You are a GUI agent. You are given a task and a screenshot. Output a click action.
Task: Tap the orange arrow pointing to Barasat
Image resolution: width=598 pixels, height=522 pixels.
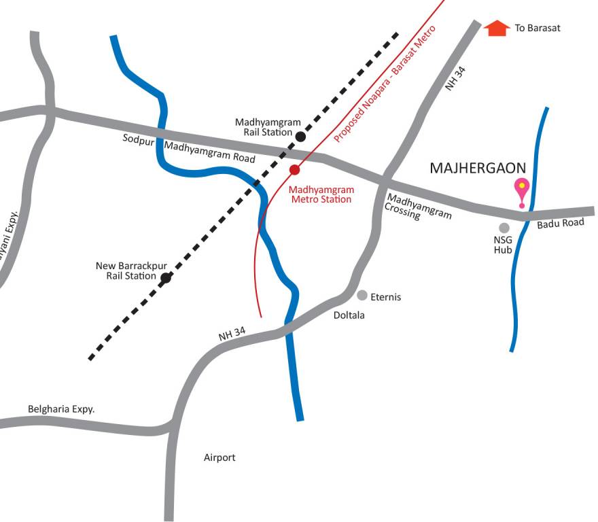[497, 29]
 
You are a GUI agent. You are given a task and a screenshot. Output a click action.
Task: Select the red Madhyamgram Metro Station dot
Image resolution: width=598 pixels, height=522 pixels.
[294, 169]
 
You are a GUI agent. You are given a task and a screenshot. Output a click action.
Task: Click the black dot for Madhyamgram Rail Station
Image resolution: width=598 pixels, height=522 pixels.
[300, 137]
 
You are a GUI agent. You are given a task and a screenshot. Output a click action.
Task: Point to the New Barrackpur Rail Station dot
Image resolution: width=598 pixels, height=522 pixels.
[165, 277]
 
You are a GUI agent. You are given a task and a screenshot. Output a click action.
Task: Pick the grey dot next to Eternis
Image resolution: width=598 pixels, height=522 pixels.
[362, 296]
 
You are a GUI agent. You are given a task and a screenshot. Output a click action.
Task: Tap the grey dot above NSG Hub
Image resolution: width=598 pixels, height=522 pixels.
[504, 228]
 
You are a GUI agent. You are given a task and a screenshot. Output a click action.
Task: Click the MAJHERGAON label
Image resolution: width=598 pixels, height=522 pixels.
[478, 168]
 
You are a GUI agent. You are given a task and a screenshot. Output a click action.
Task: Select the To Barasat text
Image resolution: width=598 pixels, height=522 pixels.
[537, 29]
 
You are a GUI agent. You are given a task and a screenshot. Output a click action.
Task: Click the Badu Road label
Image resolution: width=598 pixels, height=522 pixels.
[561, 224]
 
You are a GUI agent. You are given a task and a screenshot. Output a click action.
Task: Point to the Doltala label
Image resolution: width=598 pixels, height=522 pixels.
[349, 315]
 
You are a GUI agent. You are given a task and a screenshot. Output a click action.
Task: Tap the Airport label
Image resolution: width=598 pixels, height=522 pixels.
[219, 457]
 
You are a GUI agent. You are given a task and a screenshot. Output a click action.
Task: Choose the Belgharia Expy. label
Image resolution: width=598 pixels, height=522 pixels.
[61, 409]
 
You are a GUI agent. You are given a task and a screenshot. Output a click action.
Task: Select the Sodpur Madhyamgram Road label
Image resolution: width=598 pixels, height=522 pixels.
[189, 148]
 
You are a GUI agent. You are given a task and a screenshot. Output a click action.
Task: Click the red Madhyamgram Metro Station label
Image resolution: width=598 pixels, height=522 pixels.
[321, 194]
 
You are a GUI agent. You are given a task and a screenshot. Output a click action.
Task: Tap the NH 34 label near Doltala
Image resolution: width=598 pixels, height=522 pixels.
[232, 334]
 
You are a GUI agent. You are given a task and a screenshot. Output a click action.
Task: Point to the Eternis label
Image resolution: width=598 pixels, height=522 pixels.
[386, 297]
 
